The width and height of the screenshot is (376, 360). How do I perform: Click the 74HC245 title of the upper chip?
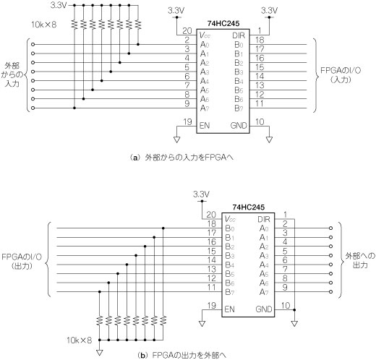(223, 24)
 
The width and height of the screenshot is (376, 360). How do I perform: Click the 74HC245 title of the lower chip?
(249, 207)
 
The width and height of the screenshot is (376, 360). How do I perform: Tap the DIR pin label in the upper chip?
(239, 35)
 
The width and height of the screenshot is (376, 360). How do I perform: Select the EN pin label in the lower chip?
(229, 309)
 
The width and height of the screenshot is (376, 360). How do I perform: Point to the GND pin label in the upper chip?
(239, 126)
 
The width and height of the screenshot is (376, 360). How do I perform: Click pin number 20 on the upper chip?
(187, 31)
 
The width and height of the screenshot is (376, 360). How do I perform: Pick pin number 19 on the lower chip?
(212, 306)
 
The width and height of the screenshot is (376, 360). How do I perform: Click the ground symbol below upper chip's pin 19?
(176, 140)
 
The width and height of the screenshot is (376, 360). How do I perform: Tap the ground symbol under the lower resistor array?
(100, 353)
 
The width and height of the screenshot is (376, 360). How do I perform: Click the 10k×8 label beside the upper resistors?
(44, 25)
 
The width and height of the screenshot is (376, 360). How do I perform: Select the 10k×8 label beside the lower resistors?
(80, 340)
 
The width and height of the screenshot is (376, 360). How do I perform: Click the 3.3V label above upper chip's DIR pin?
(270, 10)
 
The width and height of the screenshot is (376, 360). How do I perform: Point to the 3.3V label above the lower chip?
(202, 194)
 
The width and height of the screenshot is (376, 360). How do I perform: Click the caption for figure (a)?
(181, 158)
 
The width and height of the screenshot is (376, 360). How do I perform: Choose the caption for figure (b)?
(181, 355)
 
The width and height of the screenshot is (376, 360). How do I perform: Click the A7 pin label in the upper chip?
(205, 108)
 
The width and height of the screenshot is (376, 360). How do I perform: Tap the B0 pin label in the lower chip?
(230, 228)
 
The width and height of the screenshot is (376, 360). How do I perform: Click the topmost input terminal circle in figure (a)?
(33, 44)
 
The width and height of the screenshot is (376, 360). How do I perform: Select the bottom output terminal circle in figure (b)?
(330, 292)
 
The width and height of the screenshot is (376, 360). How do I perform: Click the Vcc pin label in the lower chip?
(230, 219)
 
